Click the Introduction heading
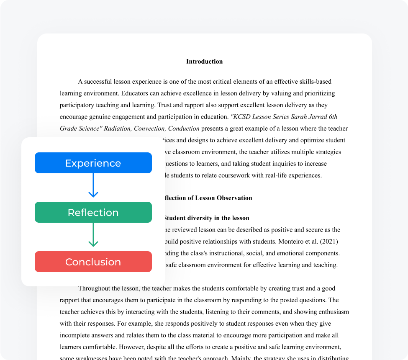tap(204, 62)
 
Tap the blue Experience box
tap(93, 163)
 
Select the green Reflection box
tap(93, 212)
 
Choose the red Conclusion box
tap(93, 262)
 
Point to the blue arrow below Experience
tap(93, 185)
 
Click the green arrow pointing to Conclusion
tap(93, 235)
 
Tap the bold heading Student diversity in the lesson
tap(206, 218)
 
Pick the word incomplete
tap(78, 335)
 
